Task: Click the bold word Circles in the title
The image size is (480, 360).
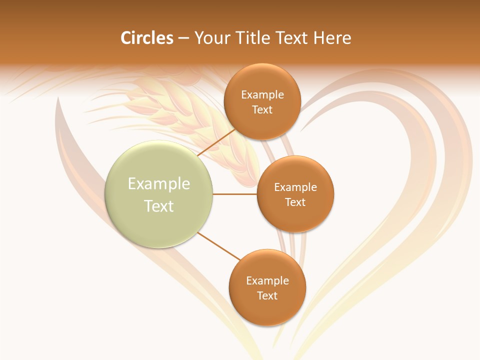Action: [146, 38]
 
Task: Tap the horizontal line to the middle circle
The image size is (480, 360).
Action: [234, 194]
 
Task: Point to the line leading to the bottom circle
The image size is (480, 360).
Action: [219, 246]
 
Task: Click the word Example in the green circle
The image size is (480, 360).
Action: [159, 184]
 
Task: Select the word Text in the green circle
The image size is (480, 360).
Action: [159, 206]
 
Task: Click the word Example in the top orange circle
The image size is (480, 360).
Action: [262, 95]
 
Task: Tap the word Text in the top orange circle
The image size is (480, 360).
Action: [262, 110]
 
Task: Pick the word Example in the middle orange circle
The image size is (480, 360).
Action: [295, 187]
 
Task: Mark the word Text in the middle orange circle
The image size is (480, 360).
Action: [295, 202]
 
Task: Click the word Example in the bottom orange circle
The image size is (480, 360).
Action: [267, 281]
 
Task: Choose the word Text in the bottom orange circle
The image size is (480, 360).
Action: [267, 296]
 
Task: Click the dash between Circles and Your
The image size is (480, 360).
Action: [183, 38]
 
